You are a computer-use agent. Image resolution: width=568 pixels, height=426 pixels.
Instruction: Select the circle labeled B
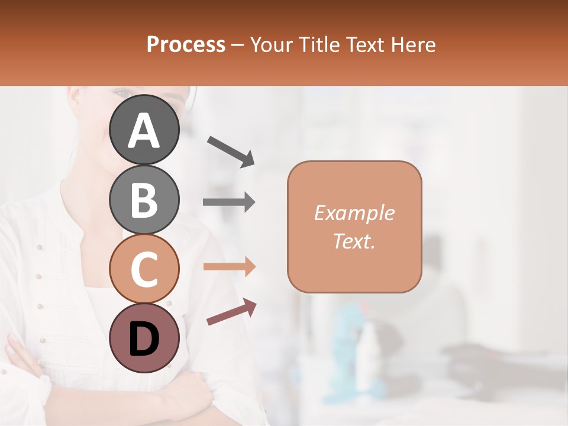coord(144,199)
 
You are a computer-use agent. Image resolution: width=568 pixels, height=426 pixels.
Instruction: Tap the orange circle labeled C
coord(144,269)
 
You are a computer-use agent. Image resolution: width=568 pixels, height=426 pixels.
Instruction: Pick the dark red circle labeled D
coord(144,338)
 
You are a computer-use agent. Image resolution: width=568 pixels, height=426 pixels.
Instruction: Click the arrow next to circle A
coord(231,151)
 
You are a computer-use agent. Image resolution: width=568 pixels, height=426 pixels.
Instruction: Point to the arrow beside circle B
coord(229,202)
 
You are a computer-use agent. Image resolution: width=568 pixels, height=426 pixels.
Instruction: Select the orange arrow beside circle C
coord(229,267)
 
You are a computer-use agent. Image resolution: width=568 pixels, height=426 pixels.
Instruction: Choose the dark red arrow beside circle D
coord(231,312)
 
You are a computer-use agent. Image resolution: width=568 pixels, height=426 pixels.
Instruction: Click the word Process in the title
coord(186,44)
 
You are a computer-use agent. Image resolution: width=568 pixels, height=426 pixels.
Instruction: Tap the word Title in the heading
coord(319,44)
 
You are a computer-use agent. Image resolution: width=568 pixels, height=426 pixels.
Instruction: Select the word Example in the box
coord(354,213)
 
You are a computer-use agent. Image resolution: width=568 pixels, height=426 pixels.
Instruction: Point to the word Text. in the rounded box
coord(354,241)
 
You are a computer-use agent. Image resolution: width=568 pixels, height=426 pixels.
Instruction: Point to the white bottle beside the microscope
coord(368,349)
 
